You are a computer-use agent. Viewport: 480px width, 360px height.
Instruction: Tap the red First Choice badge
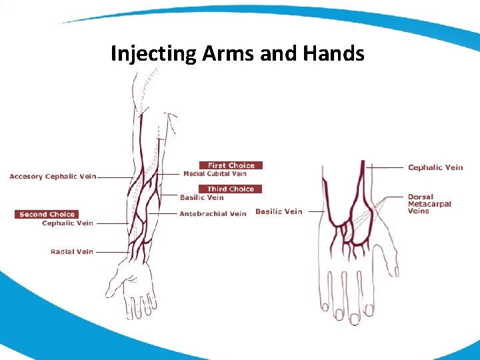[x=231, y=165]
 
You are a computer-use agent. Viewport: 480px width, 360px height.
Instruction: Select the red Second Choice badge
[x=47, y=214]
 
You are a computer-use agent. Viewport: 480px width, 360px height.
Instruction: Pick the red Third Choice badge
[x=230, y=189]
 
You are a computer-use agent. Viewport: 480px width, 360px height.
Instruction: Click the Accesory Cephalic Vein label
[x=53, y=177]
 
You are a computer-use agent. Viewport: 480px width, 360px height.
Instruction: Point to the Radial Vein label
[x=72, y=252]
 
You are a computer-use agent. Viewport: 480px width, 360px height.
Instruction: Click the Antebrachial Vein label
[x=213, y=214]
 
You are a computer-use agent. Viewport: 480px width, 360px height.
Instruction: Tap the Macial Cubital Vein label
[x=215, y=174]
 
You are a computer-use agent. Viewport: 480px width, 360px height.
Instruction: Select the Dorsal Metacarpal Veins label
[x=429, y=204]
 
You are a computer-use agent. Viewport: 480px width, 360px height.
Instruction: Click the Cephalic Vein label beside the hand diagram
[x=435, y=167]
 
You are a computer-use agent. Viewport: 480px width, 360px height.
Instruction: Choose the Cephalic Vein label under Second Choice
[x=67, y=223]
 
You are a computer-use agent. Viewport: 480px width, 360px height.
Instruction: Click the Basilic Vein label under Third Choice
[x=201, y=197]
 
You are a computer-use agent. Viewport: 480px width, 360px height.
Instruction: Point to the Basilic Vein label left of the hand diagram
[x=279, y=211]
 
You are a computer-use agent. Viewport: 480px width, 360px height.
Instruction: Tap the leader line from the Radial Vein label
[x=112, y=252]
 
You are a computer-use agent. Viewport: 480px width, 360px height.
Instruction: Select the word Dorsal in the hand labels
[x=421, y=197]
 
